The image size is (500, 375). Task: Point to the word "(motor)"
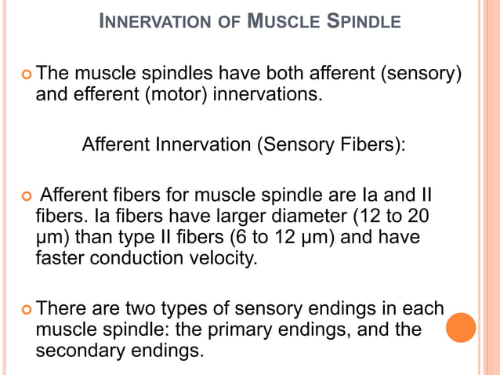point(187,96)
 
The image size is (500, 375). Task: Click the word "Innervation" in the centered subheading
point(197,145)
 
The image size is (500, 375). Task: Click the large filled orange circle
point(461,328)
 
